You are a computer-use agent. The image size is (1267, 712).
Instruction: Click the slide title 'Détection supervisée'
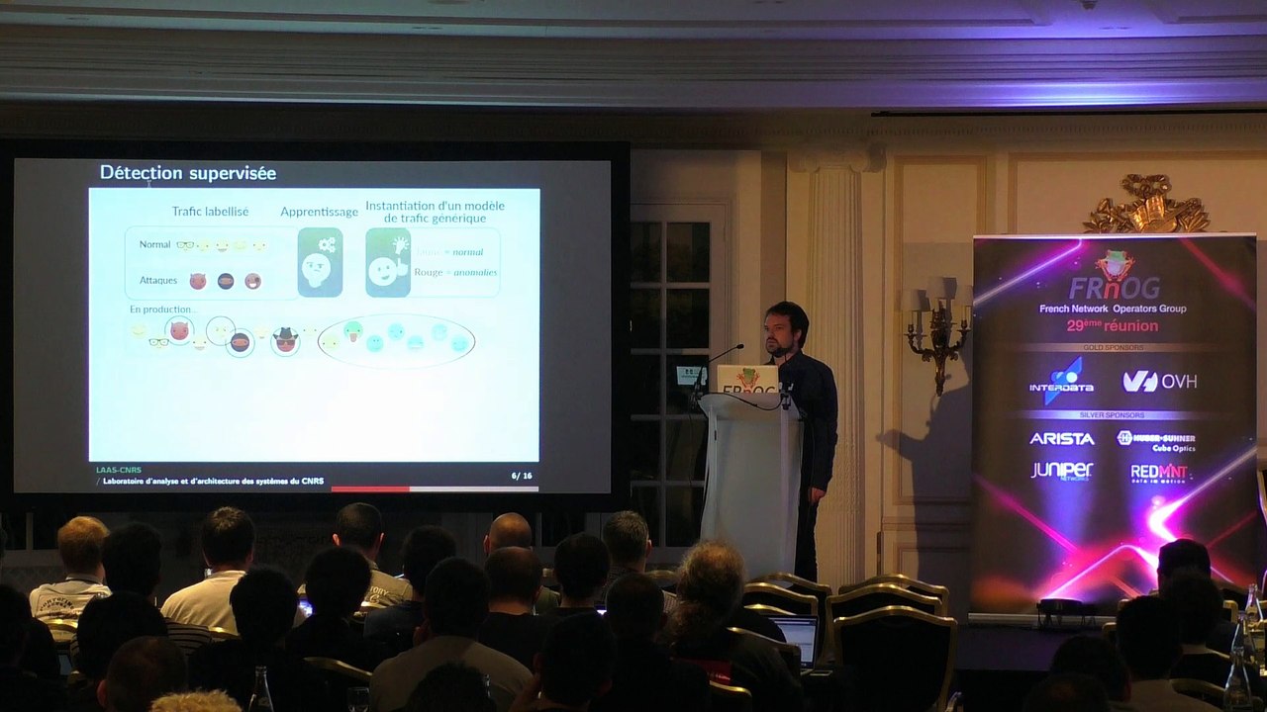(188, 173)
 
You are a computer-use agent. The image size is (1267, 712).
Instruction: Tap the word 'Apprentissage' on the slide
(319, 212)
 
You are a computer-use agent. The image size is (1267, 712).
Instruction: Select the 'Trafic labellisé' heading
(210, 212)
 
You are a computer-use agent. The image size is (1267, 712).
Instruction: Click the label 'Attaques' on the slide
(158, 280)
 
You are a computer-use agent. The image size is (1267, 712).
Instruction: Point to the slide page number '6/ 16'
(522, 476)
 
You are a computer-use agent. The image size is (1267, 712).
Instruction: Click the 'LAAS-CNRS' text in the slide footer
(118, 470)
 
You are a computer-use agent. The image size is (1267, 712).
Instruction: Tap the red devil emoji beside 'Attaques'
(198, 281)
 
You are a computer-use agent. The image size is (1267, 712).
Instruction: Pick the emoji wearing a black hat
(285, 339)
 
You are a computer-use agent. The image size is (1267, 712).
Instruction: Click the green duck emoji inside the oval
(352, 331)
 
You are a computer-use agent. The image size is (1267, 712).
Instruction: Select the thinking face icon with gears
(320, 262)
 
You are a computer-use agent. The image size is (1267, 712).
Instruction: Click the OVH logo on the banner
(1159, 381)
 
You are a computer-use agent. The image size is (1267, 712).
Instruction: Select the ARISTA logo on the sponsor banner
(1061, 438)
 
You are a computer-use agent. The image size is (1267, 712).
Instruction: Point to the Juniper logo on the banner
(1061, 471)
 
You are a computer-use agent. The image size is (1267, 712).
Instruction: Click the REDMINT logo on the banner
(1158, 473)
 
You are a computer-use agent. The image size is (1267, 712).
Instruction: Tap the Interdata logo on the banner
(1061, 381)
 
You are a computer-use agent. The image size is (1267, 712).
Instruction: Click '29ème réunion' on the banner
(1113, 326)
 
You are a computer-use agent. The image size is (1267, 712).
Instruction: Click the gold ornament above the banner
(1146, 206)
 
